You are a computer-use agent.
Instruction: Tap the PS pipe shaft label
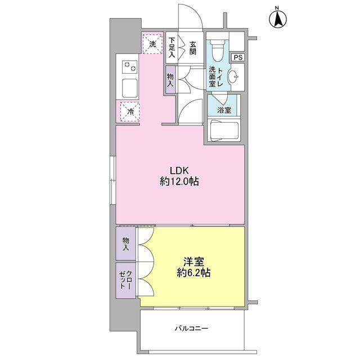click(x=238, y=57)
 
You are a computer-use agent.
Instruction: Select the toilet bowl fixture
click(x=218, y=51)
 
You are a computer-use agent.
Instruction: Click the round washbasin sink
click(x=232, y=76)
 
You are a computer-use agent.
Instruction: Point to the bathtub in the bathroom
click(x=224, y=130)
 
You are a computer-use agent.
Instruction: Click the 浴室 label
click(x=224, y=110)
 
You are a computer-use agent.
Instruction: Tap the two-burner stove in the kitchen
click(x=130, y=66)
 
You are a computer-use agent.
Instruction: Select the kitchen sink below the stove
click(x=130, y=88)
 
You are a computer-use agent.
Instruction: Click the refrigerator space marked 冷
click(x=130, y=112)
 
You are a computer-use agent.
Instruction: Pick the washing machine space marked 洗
click(x=152, y=44)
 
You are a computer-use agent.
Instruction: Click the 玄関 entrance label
click(x=193, y=48)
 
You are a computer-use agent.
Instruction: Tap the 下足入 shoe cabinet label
click(x=172, y=47)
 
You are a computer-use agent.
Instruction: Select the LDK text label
click(x=179, y=170)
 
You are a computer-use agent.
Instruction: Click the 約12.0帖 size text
click(x=179, y=182)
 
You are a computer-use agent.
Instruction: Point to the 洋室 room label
click(x=193, y=262)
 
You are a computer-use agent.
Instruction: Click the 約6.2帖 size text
click(x=193, y=273)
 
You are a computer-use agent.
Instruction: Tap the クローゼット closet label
click(x=125, y=280)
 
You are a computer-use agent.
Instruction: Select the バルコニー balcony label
click(x=192, y=328)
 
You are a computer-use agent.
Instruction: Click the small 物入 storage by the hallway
click(x=170, y=80)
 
